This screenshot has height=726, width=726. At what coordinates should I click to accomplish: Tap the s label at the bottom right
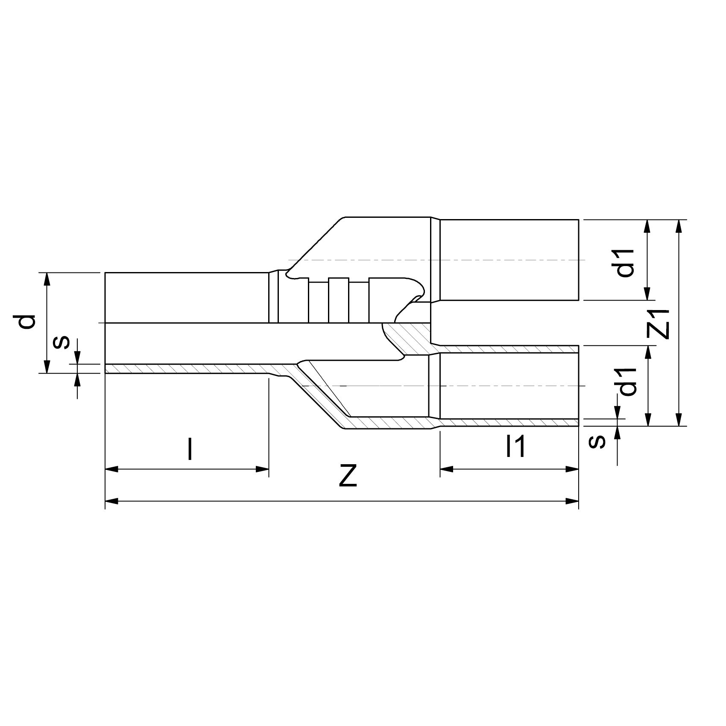[597, 441]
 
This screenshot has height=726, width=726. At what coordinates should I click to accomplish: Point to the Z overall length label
[348, 477]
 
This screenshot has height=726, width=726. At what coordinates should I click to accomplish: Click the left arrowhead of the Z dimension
[111, 501]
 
